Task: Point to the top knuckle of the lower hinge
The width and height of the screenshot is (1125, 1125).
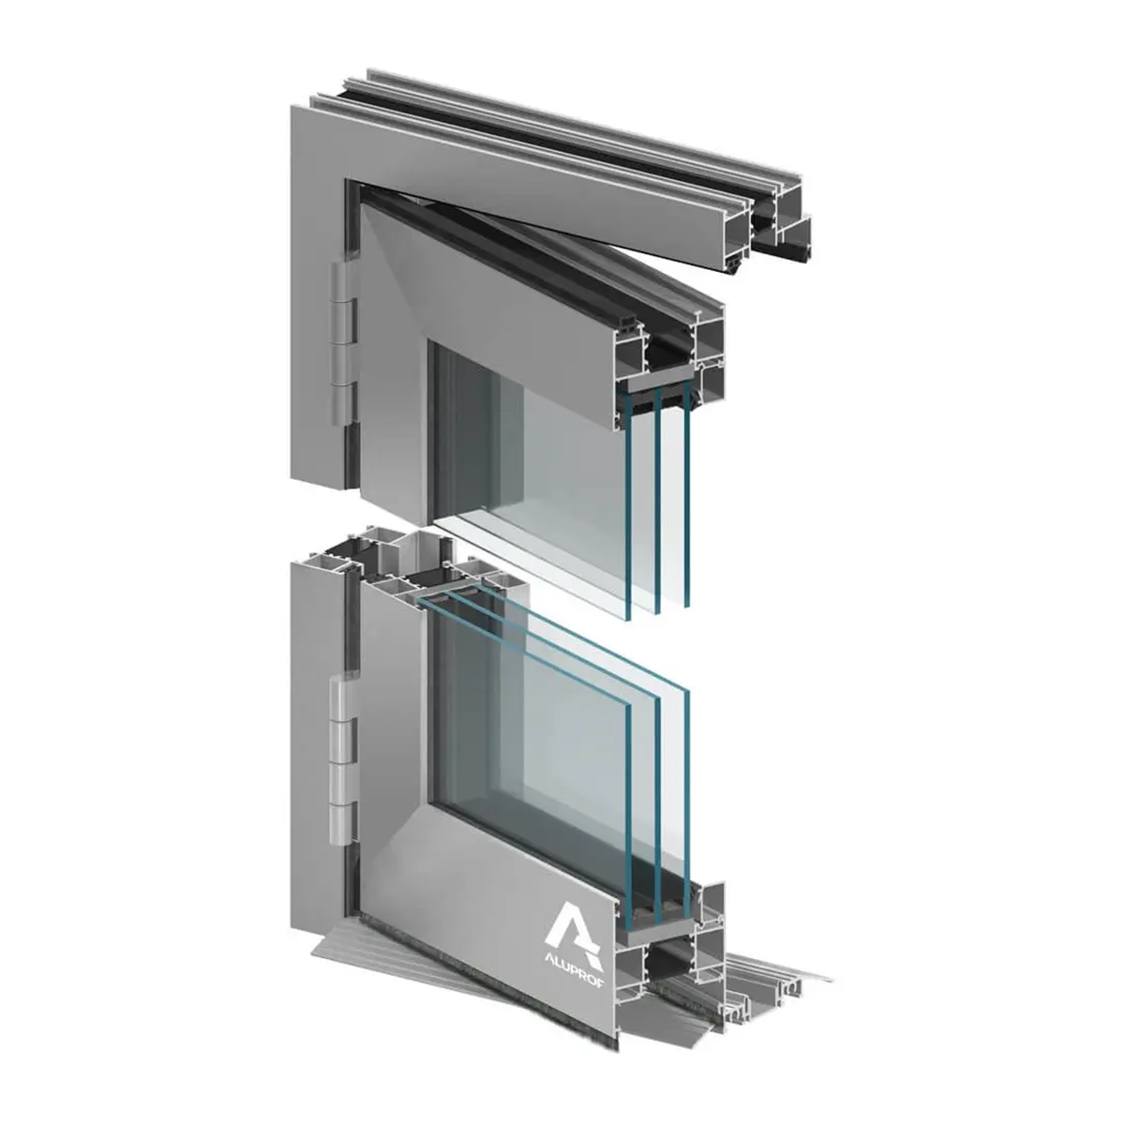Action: click(x=343, y=697)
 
